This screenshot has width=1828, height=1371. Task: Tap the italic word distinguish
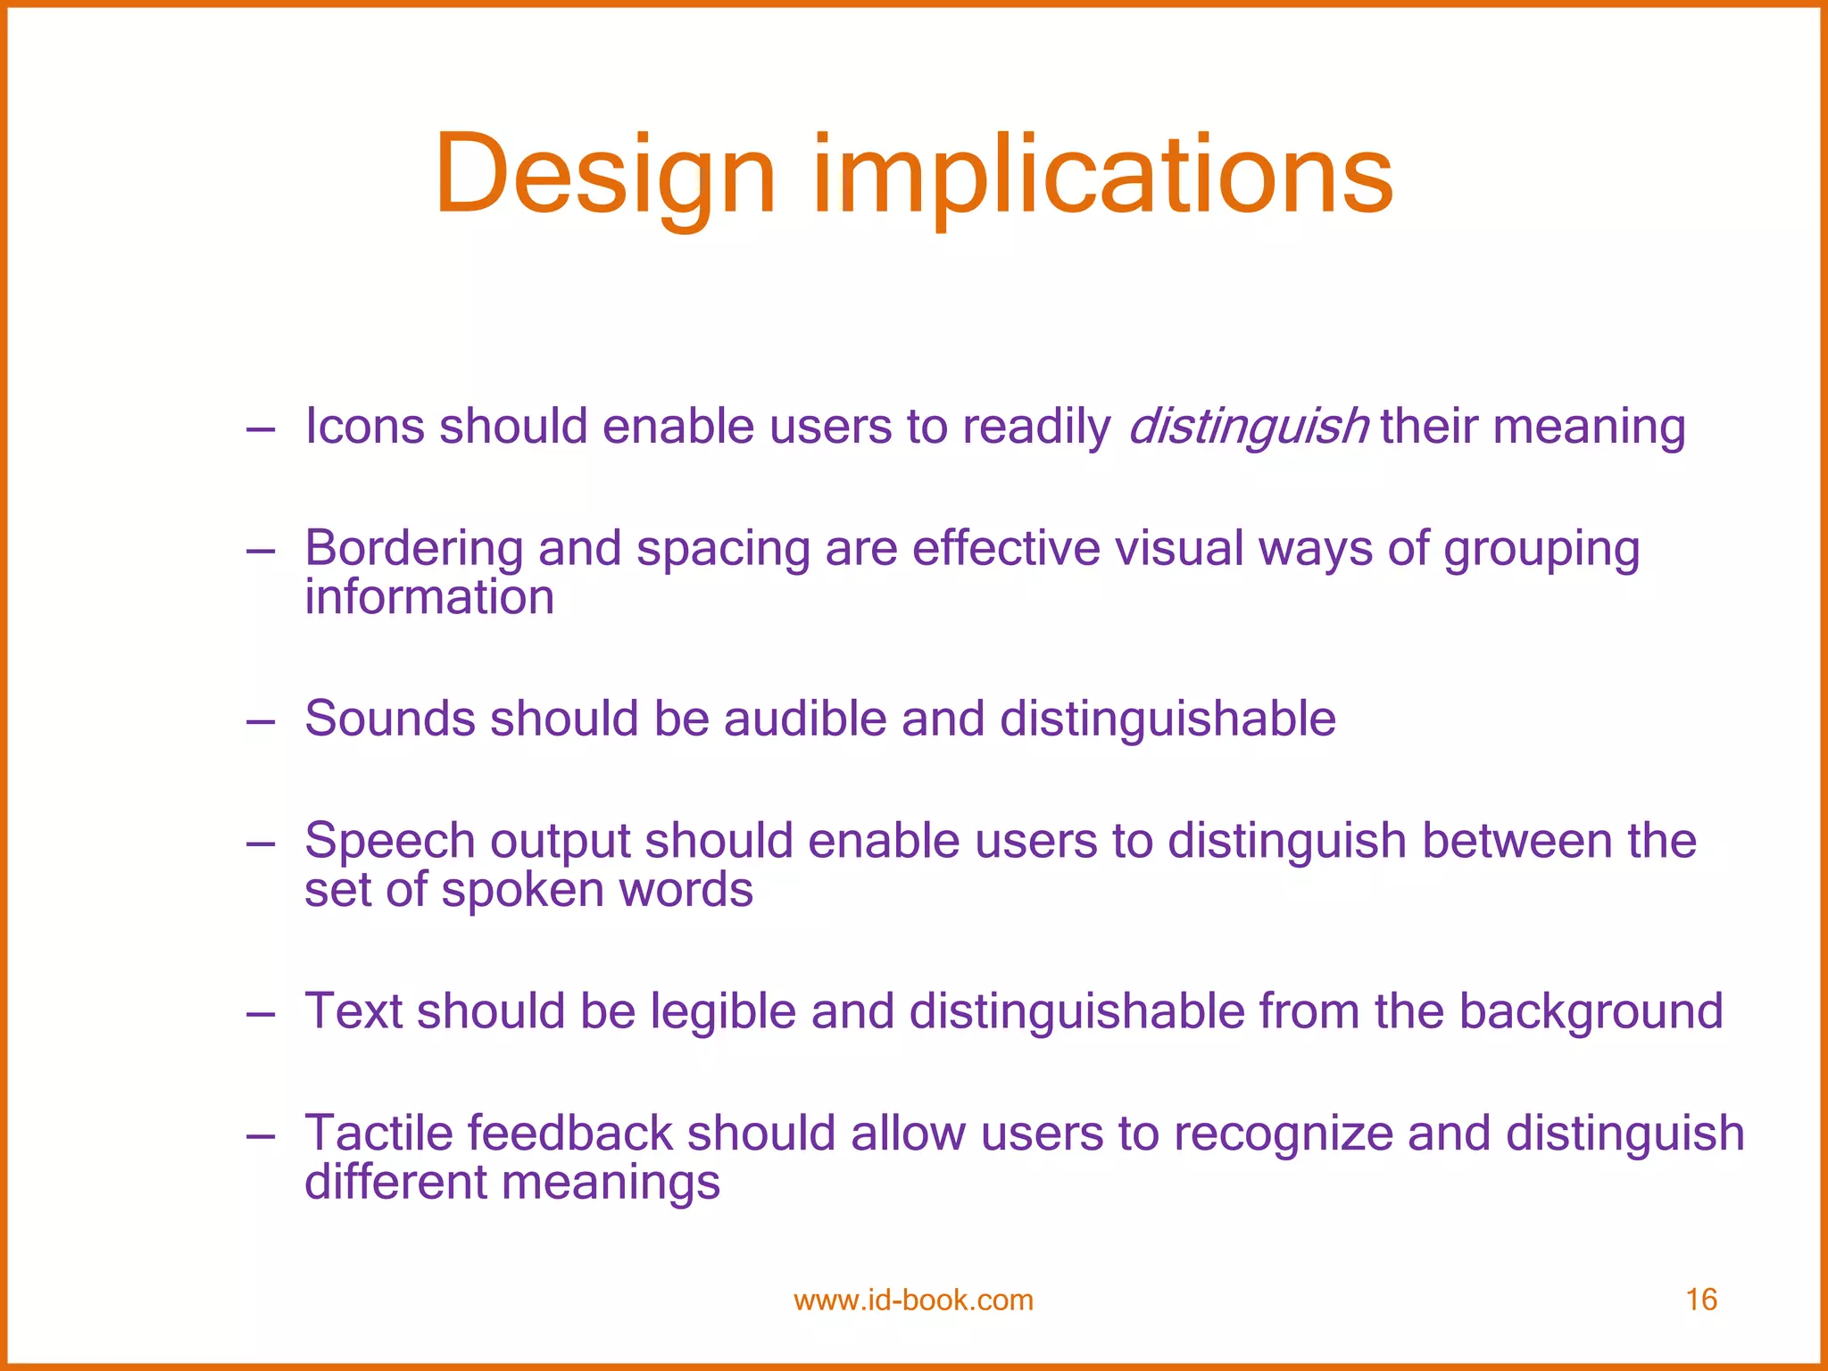[x=1248, y=426]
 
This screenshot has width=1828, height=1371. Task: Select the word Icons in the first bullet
[x=364, y=426]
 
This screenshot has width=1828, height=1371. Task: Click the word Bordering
[x=413, y=548]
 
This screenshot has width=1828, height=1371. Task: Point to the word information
[x=429, y=597]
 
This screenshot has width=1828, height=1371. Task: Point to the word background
[x=1591, y=1011]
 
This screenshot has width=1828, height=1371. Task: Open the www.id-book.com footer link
[x=913, y=1300]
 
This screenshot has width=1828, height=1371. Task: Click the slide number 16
[x=1701, y=1300]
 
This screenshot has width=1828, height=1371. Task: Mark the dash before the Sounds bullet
[x=261, y=721]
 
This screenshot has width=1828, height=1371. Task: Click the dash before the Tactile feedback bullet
[x=261, y=1136]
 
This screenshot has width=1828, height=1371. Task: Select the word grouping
[x=1541, y=550]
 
